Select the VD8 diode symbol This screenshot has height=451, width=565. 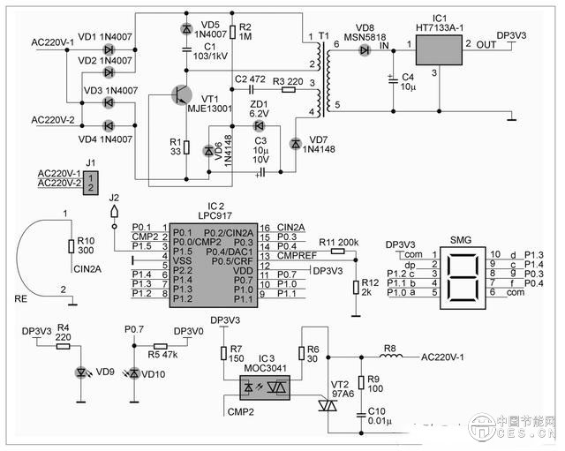(x=364, y=50)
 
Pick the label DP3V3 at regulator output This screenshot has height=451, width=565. (x=512, y=36)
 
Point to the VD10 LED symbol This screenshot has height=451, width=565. (x=133, y=372)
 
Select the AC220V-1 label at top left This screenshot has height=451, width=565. (x=52, y=41)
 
